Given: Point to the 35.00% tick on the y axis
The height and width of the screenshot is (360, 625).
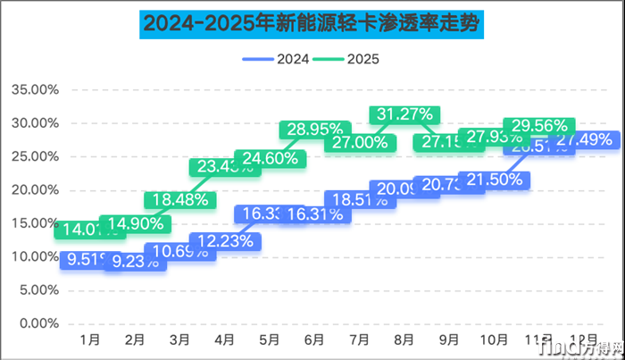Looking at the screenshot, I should (x=35, y=89).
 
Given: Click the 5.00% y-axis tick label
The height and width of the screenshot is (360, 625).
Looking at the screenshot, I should (x=37, y=289).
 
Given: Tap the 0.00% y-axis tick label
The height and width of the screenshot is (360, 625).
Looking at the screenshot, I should (x=37, y=322).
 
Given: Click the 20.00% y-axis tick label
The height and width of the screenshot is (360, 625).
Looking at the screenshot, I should (x=35, y=189).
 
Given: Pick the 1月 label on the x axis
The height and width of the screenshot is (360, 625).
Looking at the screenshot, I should (x=88, y=340).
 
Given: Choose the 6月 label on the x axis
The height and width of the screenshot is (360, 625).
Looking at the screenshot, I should (x=313, y=340).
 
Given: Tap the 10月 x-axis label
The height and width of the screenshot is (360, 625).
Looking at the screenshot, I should (x=494, y=340).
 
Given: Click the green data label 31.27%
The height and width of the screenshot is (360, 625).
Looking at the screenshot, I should (x=404, y=114).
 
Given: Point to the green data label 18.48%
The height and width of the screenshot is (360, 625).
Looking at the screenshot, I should (x=179, y=199).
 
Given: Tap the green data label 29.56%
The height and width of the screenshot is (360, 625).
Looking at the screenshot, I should (x=538, y=126).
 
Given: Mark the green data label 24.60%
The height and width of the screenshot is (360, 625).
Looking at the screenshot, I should (x=270, y=159).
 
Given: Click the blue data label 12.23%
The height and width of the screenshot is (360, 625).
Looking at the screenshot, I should (x=225, y=241).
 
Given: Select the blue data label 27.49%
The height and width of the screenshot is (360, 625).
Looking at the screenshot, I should (x=584, y=139).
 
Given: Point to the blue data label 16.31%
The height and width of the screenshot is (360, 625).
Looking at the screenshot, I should (x=315, y=214).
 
